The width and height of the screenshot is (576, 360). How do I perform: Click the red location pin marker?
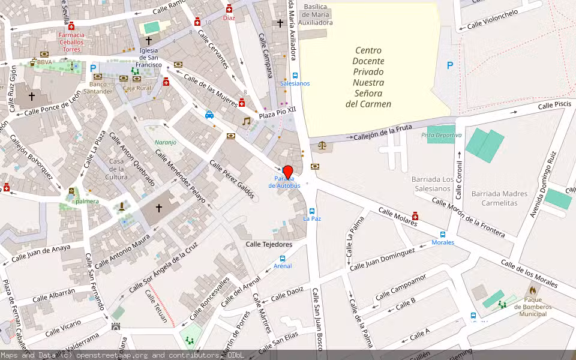(287, 171)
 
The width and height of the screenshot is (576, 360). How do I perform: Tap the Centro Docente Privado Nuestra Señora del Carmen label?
(368, 77)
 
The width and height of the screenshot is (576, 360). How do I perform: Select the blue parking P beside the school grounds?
(449, 66)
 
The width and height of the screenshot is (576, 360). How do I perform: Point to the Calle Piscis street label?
(554, 106)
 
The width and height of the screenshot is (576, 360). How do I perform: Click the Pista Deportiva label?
(441, 136)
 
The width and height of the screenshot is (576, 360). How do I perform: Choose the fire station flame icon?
(532, 290)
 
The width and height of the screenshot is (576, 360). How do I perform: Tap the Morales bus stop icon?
(443, 235)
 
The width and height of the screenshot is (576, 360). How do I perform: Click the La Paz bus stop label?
(311, 218)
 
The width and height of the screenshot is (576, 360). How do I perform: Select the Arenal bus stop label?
(283, 266)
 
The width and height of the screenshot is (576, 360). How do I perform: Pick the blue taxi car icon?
(209, 115)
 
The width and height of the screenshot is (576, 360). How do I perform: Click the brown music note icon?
(246, 121)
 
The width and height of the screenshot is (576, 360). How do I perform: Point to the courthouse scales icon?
(323, 145)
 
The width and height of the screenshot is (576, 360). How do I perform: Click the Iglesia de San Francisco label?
(148, 57)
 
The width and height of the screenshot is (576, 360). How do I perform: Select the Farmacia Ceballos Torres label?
(71, 42)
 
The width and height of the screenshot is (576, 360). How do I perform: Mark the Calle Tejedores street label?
(269, 244)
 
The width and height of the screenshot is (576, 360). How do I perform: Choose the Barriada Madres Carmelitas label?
(499, 199)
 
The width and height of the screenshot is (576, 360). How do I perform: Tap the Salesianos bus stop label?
(295, 83)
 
